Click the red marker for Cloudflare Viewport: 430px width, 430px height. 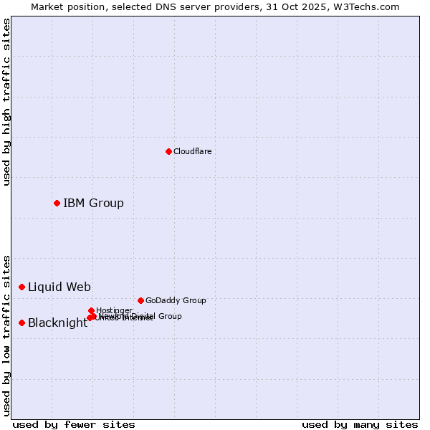[168, 151]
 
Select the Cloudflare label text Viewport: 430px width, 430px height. [192, 151]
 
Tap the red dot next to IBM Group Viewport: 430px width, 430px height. [57, 203]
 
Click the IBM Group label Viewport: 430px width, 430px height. [93, 203]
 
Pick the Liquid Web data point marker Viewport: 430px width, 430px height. [21, 287]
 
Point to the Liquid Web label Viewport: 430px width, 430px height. [59, 287]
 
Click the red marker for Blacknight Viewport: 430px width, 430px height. [21, 322]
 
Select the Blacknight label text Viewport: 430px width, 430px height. [57, 322]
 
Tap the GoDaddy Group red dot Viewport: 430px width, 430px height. [140, 300]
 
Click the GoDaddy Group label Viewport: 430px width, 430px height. [176, 300]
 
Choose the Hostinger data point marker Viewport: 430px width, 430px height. [91, 310]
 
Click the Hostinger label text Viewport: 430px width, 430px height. [114, 310]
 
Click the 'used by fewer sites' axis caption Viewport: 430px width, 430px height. [74, 424]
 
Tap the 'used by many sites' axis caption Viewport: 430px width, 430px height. [360, 424]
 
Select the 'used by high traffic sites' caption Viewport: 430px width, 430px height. [6, 102]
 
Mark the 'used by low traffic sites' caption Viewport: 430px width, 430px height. [6, 335]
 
